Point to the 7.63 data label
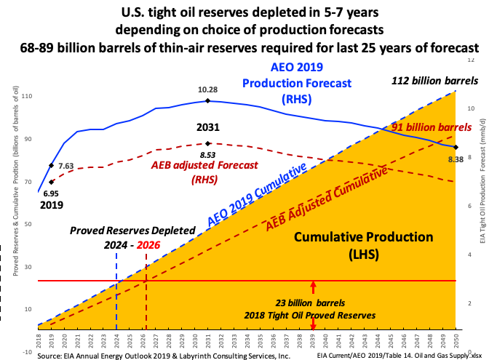66,166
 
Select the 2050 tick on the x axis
456,340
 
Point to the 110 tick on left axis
27,97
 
